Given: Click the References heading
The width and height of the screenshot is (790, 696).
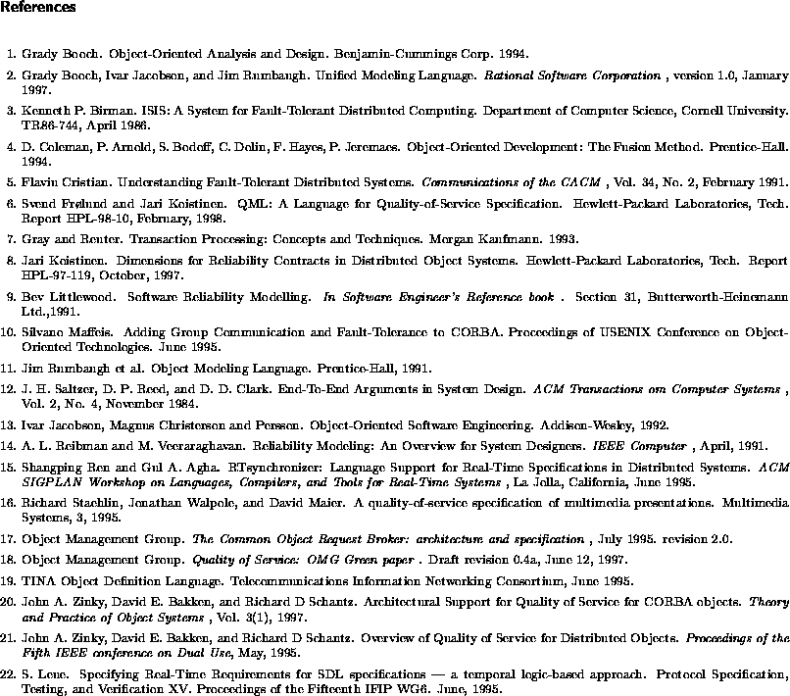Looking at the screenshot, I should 38,8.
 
